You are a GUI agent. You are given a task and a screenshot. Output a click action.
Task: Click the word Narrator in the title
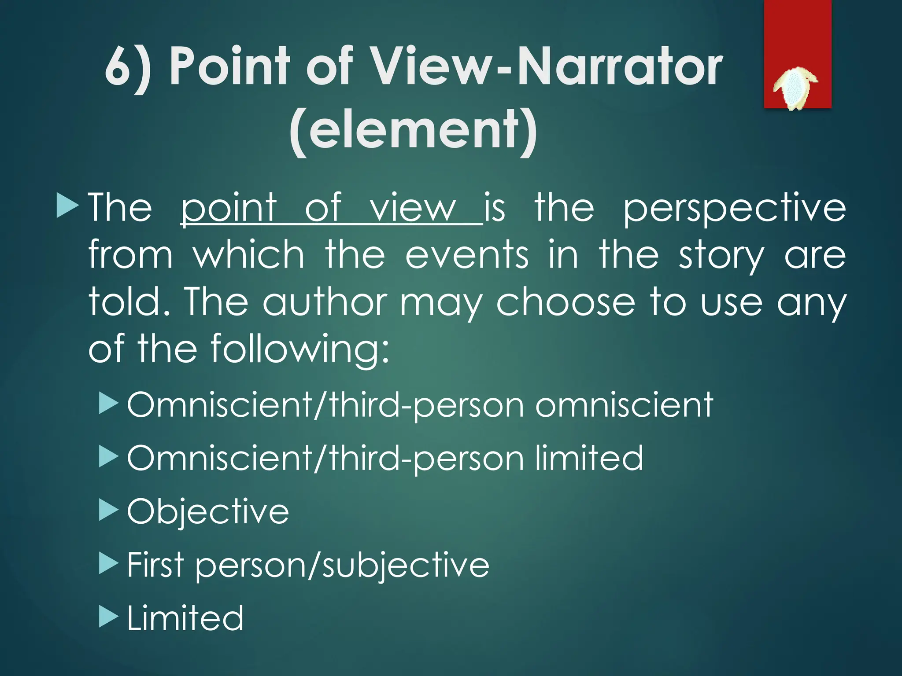(620, 67)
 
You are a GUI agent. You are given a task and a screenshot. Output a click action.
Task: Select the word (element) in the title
(414, 130)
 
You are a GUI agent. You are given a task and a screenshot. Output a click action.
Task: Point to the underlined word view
(413, 208)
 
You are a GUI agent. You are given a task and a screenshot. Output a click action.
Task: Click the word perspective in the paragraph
(734, 208)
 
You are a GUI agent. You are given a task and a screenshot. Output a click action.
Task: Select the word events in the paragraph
(466, 255)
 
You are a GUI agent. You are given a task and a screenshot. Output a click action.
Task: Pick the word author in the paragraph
(325, 303)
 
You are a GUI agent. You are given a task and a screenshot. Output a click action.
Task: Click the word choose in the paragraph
(566, 303)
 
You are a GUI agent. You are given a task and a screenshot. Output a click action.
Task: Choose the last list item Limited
(185, 618)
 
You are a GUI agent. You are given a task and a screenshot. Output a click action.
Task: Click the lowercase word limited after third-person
(589, 458)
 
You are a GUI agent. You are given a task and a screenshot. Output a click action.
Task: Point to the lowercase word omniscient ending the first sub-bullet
(624, 405)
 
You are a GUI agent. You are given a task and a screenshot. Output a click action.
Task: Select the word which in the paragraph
(249, 255)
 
